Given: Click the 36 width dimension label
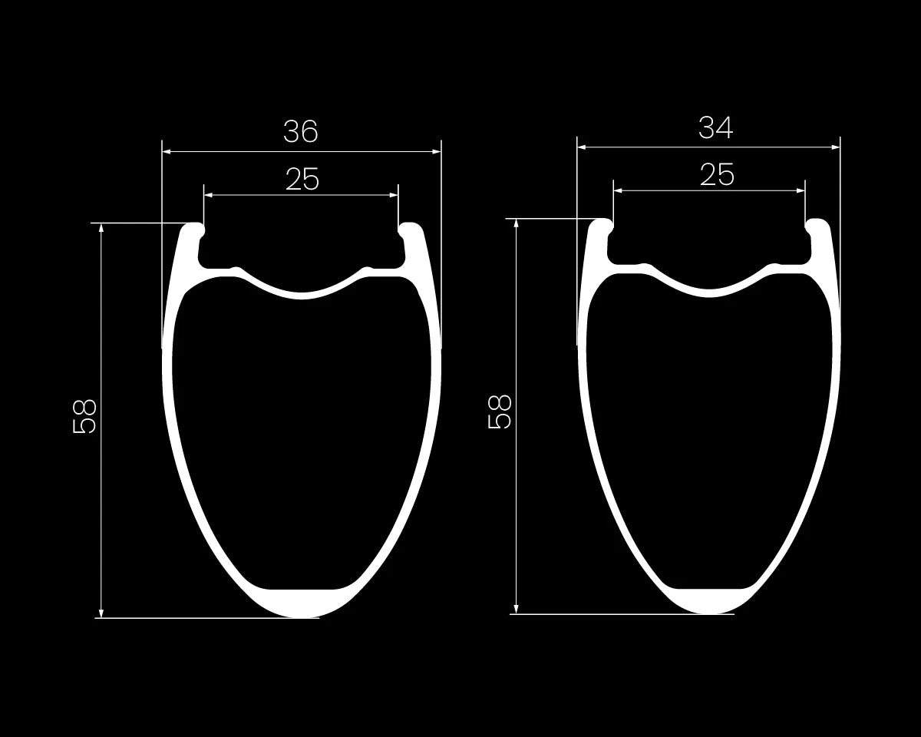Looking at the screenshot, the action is (x=301, y=131).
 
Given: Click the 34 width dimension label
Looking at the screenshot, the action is (x=715, y=127).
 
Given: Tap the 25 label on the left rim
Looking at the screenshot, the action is (x=302, y=179).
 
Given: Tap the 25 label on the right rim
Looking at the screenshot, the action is (x=718, y=174).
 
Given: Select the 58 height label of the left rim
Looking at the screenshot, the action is (x=84, y=417).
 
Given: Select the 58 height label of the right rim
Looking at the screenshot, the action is (x=500, y=412).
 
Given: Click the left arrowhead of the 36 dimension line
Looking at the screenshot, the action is (x=167, y=151).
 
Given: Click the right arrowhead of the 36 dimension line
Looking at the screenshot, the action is (x=436, y=151).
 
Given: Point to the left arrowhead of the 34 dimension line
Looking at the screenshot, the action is (x=582, y=147).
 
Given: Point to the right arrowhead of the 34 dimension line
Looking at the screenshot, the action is (x=835, y=147).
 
